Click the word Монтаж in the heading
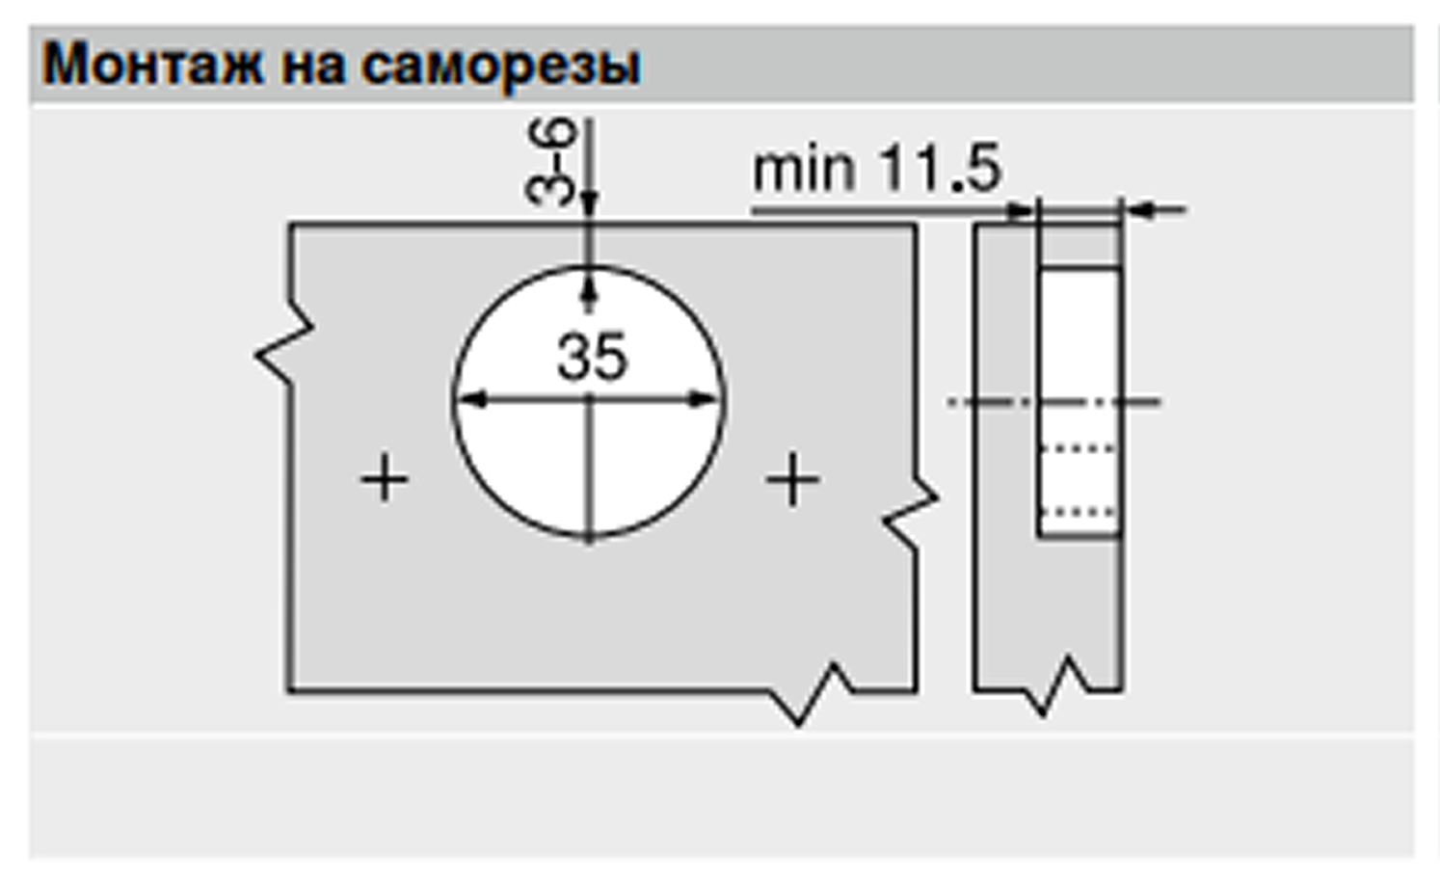[x=152, y=66]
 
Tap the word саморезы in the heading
[x=501, y=66]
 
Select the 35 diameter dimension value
[x=592, y=356]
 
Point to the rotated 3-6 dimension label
[x=551, y=161]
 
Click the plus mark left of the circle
[x=385, y=478]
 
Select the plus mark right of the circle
[x=792, y=479]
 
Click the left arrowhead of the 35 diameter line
[x=470, y=399]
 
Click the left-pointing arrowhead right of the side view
[x=1141, y=209]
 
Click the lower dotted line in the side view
[x=1080, y=513]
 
